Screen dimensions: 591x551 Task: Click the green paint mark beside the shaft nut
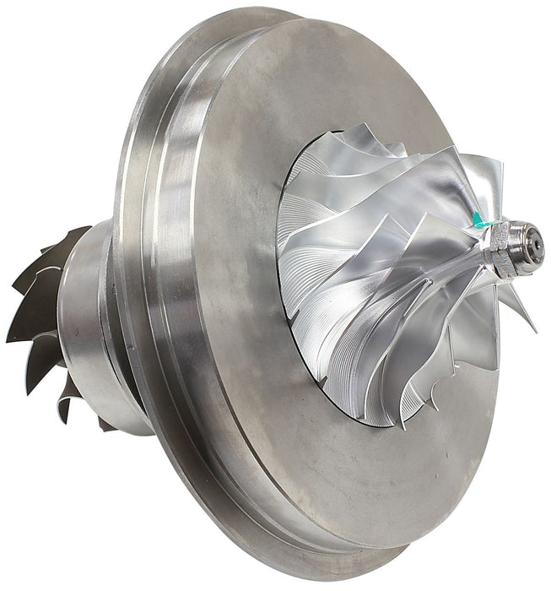click(x=479, y=221)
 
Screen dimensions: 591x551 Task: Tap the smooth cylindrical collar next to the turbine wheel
click(x=89, y=329)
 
